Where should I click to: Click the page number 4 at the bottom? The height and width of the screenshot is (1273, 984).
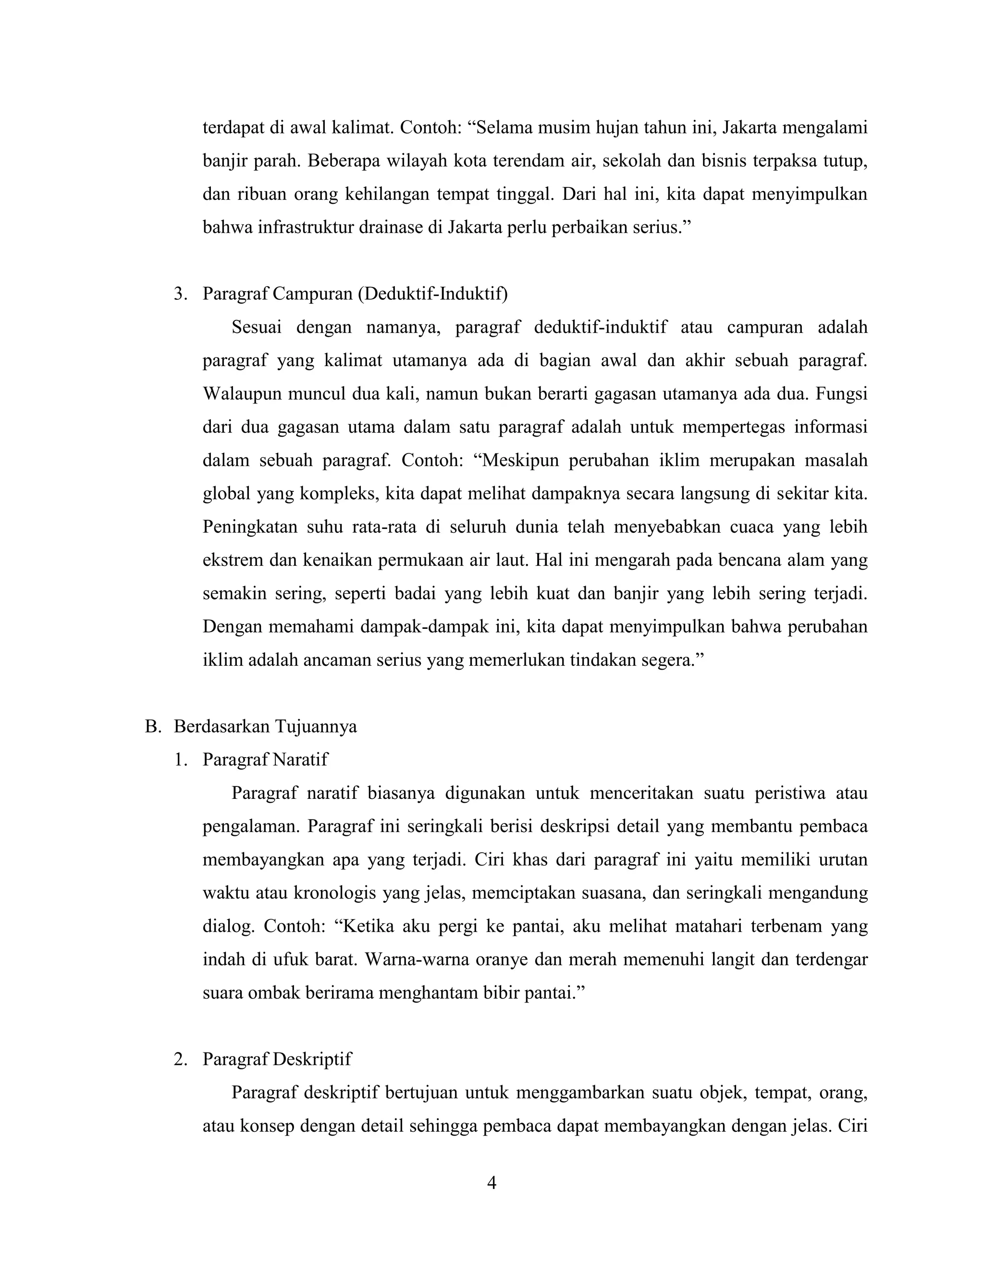click(492, 1183)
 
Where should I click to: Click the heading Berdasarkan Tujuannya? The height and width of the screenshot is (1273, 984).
click(265, 727)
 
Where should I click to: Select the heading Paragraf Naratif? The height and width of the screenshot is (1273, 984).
click(265, 759)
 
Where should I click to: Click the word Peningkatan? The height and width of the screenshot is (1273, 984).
click(249, 527)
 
